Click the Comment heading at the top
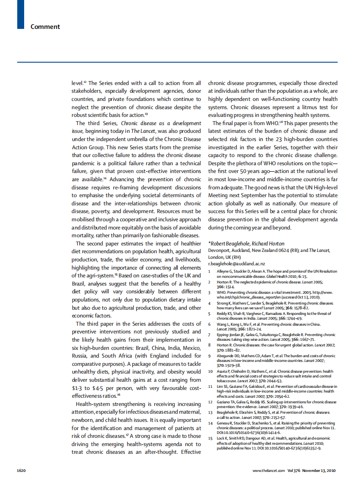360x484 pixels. click(45, 27)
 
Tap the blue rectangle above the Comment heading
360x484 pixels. click(21, 14)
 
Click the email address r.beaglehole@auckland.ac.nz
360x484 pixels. click(236, 263)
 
